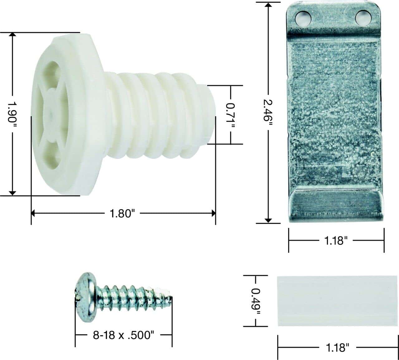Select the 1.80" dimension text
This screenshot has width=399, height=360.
(122, 214)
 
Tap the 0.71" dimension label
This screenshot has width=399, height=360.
(231, 115)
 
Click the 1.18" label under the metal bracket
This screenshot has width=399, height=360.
(336, 241)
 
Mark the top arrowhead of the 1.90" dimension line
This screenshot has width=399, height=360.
(12, 35)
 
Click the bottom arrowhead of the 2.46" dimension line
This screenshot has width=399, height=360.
(268, 221)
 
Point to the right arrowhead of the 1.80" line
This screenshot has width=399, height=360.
(213, 213)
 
